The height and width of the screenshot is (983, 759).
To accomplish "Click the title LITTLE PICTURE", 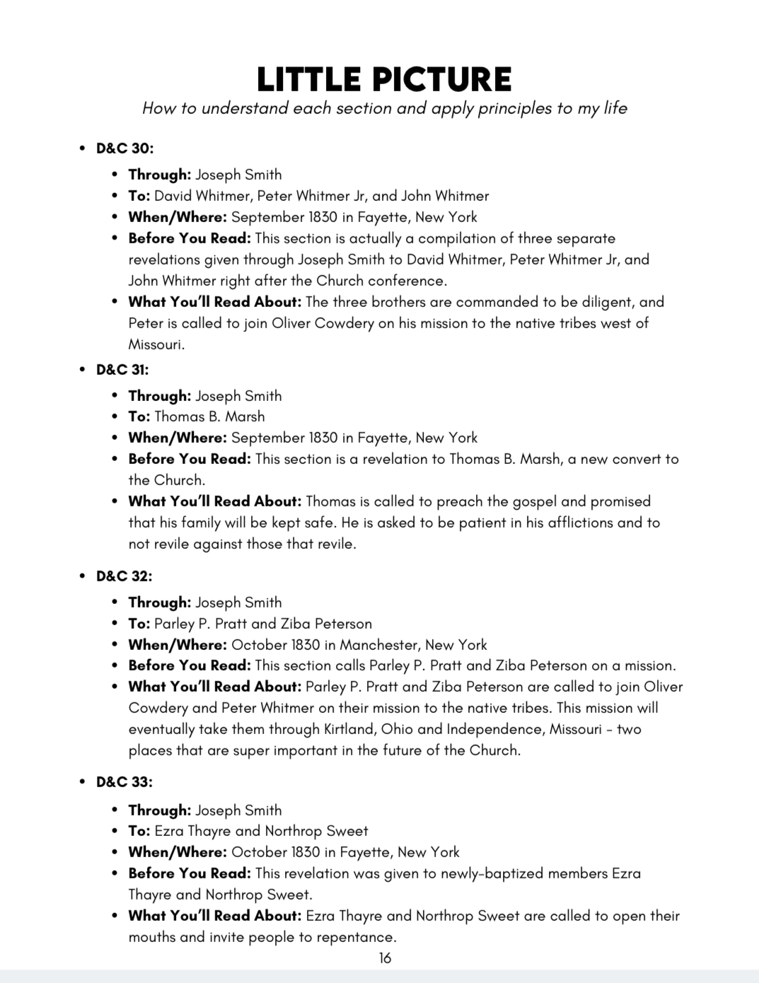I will tap(384, 79).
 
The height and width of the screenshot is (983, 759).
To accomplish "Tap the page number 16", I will tap(385, 958).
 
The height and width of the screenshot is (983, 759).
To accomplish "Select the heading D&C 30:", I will tap(124, 149).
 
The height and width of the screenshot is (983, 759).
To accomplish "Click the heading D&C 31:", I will tap(122, 370).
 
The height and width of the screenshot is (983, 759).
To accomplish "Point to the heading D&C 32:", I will tap(124, 576).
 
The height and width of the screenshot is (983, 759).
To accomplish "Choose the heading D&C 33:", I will tap(124, 782).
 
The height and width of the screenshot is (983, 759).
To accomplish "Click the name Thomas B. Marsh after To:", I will tap(209, 417).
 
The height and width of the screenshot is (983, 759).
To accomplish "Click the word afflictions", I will tap(564, 523).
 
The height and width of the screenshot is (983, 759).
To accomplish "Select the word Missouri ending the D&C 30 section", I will tap(156, 344).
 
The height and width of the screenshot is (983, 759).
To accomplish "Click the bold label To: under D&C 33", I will tap(139, 831).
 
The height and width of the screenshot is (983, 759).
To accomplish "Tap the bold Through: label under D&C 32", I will tap(160, 603).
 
